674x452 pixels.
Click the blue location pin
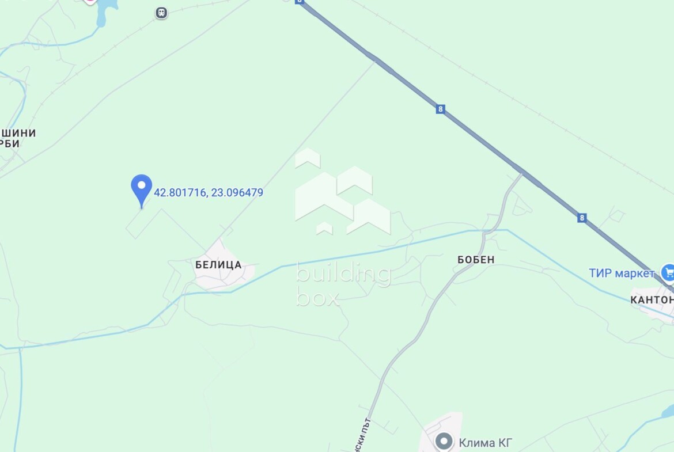point(141,187)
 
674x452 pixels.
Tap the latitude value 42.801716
point(180,193)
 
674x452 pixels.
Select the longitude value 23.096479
point(237,193)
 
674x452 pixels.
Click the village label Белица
point(218,265)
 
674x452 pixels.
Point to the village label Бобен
point(476,260)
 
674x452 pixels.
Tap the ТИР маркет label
point(622,273)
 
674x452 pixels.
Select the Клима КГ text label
point(485,443)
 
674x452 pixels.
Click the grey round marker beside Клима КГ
point(444,442)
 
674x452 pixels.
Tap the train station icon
point(161,13)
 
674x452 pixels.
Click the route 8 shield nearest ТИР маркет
point(582,218)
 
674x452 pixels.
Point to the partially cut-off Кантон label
point(652,300)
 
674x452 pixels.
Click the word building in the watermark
point(343,274)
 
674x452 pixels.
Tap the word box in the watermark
point(317,297)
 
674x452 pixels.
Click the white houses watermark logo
point(342,192)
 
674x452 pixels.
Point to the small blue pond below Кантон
point(668,411)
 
